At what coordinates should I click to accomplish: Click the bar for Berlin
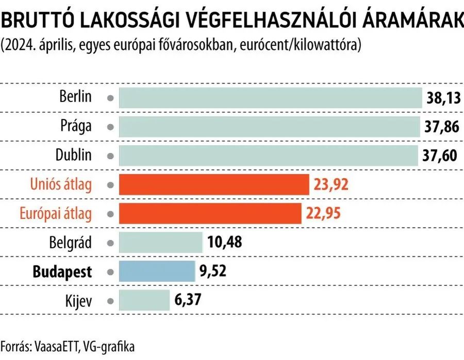(271, 97)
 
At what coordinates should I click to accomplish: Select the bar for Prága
(270, 126)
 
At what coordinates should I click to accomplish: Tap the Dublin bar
(269, 156)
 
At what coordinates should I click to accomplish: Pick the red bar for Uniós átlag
(213, 184)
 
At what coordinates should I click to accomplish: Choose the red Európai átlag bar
(210, 213)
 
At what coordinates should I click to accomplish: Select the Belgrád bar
(161, 242)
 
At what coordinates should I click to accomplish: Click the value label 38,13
(443, 97)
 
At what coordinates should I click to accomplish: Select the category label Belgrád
(71, 242)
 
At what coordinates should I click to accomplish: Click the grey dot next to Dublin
(109, 156)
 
